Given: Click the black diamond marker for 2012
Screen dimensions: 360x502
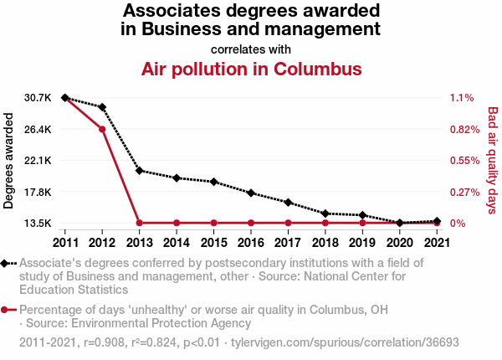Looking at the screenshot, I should pos(102,107).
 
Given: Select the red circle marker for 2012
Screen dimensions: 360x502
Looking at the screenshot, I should pos(102,129).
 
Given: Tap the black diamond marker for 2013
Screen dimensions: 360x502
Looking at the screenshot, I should pos(139,170).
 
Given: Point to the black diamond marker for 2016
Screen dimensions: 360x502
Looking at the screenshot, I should pos(251,193).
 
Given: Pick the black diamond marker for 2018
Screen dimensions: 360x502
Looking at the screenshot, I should pos(325,213).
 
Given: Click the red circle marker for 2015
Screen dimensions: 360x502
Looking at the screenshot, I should pos(213,223).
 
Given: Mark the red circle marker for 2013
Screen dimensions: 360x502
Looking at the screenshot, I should pos(139,223).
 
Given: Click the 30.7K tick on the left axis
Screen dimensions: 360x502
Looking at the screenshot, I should pos(38,98).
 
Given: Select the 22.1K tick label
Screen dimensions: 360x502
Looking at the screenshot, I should pos(38,161).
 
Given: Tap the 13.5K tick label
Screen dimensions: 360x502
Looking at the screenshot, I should pos(38,224).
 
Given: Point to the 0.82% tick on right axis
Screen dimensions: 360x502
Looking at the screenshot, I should pos(463,129).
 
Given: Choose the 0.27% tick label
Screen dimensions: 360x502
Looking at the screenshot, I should pos(463,192).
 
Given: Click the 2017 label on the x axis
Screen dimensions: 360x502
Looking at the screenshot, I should pos(288,243).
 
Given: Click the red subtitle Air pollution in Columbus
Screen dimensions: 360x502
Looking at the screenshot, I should pos(251,68).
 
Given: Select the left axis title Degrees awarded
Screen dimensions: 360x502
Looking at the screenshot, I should pos(9,161).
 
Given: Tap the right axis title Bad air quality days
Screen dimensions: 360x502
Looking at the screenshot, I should pos(492,159).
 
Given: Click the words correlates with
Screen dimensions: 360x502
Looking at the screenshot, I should pos(251,48).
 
